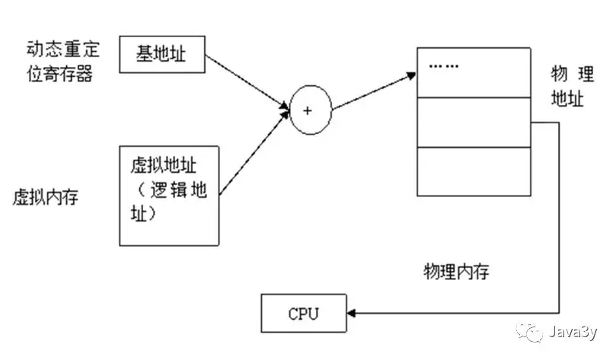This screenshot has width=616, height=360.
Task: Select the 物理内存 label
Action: (x=455, y=272)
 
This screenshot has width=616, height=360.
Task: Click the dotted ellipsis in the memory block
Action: (x=444, y=66)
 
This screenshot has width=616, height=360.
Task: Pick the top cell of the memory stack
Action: (x=472, y=72)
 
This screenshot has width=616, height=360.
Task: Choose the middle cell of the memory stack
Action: (x=472, y=122)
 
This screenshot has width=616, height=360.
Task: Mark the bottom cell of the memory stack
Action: (x=472, y=171)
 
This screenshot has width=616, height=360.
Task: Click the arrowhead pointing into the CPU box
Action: (x=352, y=313)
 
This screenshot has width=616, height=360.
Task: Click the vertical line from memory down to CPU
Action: (x=562, y=221)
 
